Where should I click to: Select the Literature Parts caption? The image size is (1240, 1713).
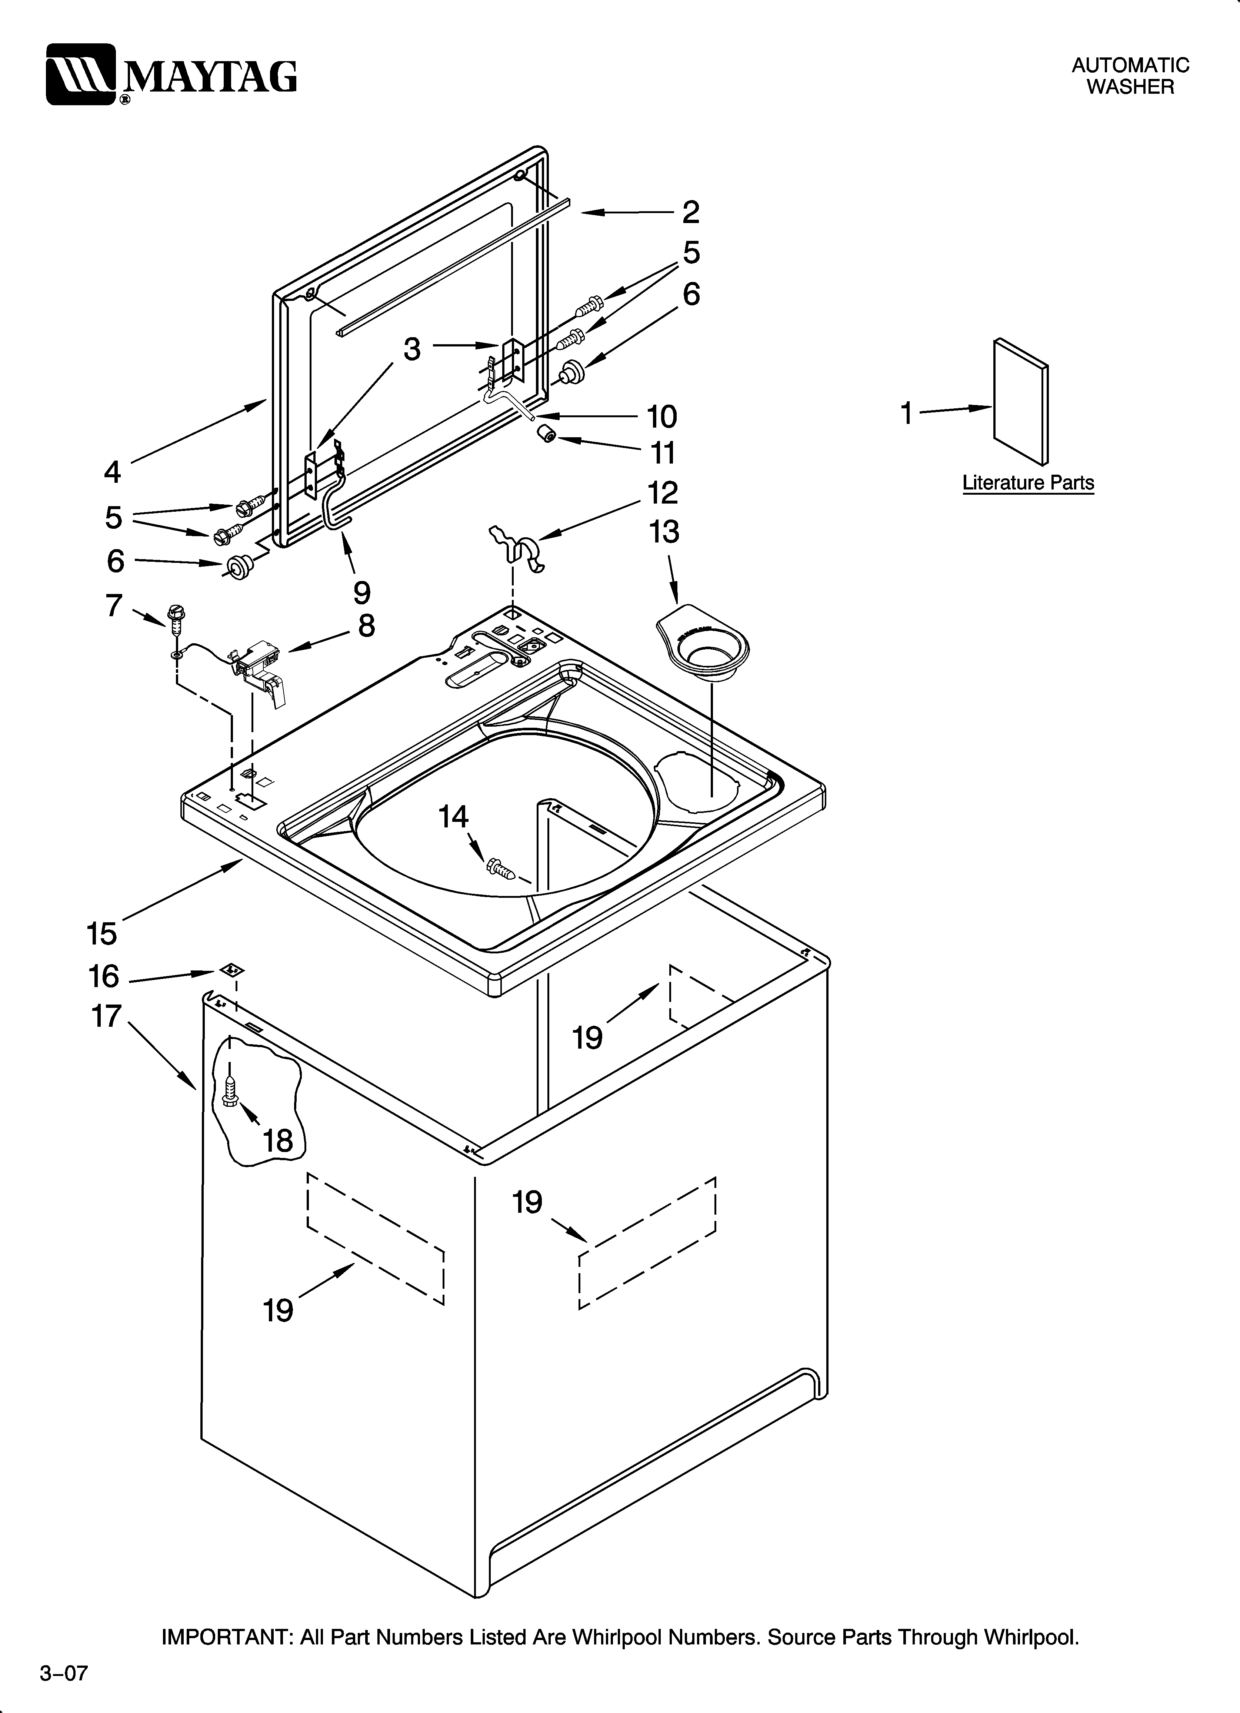(1028, 483)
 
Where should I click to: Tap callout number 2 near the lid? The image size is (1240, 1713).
(690, 212)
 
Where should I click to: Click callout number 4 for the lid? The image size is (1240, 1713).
(112, 472)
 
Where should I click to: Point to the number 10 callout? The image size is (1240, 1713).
(661, 416)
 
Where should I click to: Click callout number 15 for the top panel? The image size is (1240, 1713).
(101, 933)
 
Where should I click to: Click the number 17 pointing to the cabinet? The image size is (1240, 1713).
(106, 1016)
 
